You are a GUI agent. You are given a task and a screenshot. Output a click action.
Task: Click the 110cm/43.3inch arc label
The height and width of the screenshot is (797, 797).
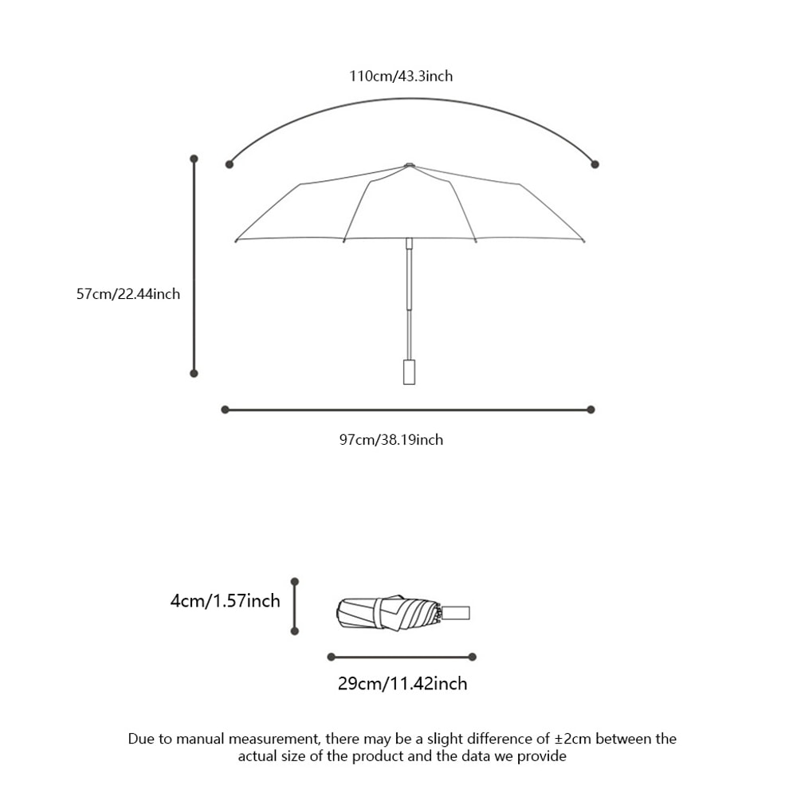pyautogui.click(x=401, y=77)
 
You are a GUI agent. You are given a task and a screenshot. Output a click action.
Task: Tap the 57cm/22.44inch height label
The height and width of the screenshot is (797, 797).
pyautogui.click(x=128, y=294)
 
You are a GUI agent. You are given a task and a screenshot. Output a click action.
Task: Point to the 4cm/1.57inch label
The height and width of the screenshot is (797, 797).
pyautogui.click(x=225, y=600)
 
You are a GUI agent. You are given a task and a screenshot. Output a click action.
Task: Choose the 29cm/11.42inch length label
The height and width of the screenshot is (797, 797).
pyautogui.click(x=402, y=683)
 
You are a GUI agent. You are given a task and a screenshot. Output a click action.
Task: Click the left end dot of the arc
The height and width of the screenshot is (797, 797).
pyautogui.click(x=230, y=164)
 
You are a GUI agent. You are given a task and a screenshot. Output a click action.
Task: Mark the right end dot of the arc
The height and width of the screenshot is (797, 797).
pyautogui.click(x=595, y=164)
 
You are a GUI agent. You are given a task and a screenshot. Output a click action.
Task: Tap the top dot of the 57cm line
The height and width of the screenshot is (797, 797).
pyautogui.click(x=194, y=159)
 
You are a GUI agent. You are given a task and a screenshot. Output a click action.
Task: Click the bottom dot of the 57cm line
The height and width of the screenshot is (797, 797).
pyautogui.click(x=194, y=372)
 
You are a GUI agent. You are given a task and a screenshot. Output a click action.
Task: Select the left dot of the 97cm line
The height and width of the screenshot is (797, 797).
pyautogui.click(x=225, y=410)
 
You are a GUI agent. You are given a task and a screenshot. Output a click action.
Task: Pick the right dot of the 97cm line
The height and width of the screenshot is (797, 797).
pyautogui.click(x=591, y=410)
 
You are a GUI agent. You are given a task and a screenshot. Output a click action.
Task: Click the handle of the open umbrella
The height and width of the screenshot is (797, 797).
pyautogui.click(x=409, y=372)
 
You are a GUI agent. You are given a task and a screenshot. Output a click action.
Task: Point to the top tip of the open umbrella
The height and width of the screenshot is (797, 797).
pyautogui.click(x=409, y=165)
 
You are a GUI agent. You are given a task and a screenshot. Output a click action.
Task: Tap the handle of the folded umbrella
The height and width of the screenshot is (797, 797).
pyautogui.click(x=457, y=613)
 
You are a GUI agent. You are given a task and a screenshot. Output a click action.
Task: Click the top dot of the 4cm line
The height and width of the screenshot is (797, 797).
pyautogui.click(x=295, y=582)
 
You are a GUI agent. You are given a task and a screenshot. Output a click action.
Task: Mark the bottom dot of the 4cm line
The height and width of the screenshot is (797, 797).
pyautogui.click(x=295, y=631)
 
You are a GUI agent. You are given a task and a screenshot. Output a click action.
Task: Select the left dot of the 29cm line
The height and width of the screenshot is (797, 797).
pyautogui.click(x=331, y=657)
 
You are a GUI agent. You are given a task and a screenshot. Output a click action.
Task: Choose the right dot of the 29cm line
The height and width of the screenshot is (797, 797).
pyautogui.click(x=473, y=657)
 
